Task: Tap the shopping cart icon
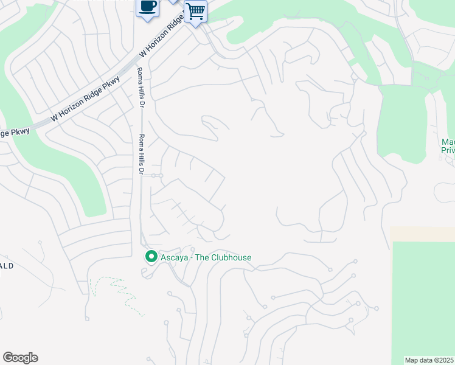(x=195, y=11)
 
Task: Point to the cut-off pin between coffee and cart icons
(x=173, y=1)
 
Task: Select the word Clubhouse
(x=230, y=257)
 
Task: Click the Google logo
(x=20, y=358)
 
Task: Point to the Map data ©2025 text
(x=429, y=360)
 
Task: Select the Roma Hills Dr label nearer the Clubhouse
(x=141, y=155)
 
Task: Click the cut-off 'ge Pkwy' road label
(x=15, y=133)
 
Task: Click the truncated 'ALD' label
(x=7, y=266)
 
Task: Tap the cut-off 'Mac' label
(x=448, y=142)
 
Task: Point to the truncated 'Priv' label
(x=448, y=150)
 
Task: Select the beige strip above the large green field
(x=422, y=234)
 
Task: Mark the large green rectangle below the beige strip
(x=422, y=298)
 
